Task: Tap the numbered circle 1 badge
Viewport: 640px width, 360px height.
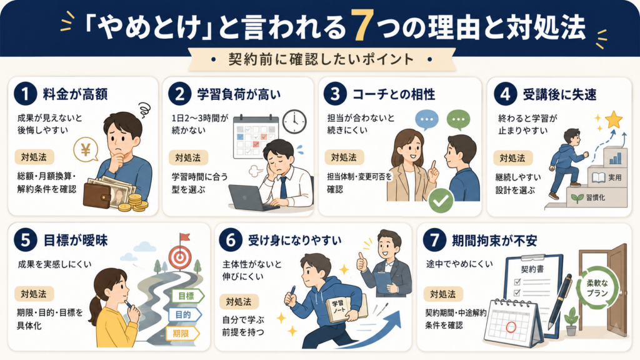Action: pos(25,94)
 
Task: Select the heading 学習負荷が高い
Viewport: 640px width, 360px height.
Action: pos(239,95)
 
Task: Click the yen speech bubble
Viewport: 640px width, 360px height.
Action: pos(86,149)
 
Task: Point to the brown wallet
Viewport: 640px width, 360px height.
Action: pos(98,195)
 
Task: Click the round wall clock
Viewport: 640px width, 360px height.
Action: pos(294,121)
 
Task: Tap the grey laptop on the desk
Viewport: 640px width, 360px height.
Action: pos(250,197)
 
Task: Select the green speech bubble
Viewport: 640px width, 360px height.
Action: pos(458,120)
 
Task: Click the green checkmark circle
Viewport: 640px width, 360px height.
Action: pos(441,201)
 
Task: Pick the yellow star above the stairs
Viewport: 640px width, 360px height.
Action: pos(614,120)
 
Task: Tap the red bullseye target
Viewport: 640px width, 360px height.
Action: pos(180,257)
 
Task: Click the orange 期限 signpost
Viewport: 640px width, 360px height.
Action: pos(182,334)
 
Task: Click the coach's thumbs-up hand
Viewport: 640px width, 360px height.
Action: pos(362,262)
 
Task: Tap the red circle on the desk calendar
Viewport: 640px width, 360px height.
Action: pos(511,327)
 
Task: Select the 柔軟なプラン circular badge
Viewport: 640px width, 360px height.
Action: pos(597,287)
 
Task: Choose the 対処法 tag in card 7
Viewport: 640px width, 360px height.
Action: pos(443,294)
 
